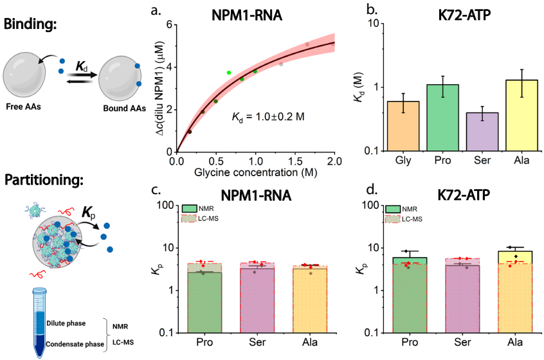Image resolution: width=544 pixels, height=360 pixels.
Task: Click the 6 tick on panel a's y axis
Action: tap(171, 24)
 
